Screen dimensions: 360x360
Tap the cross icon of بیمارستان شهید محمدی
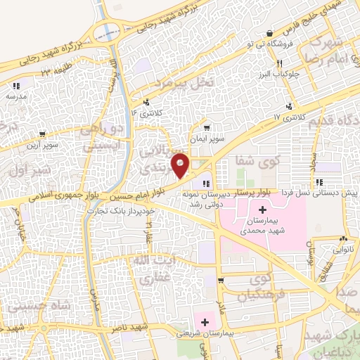(262, 210)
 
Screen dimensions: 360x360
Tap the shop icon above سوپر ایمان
(206, 128)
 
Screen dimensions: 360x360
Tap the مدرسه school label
(15, 95)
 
